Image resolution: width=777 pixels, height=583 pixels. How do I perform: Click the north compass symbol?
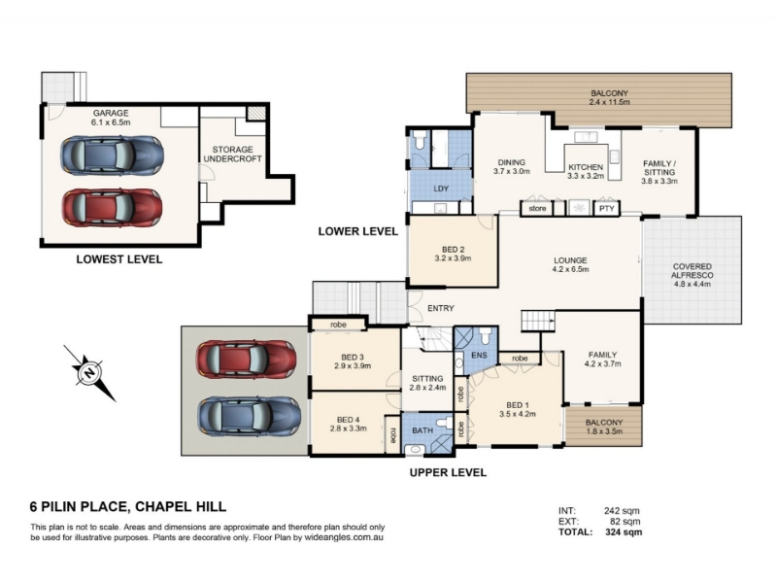pos(89,373)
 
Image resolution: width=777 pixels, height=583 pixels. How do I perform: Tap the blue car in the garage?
pos(112,155)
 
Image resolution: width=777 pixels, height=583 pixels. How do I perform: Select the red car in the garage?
pos(112,208)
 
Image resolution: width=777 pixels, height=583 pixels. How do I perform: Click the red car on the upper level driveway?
pos(247,359)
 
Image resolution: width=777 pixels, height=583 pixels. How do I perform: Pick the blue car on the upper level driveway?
pos(250,416)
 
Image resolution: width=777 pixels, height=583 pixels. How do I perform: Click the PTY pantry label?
pos(606,209)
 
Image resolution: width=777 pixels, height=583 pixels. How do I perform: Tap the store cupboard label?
pos(537,209)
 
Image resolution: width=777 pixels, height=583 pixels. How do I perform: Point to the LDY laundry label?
pos(441,189)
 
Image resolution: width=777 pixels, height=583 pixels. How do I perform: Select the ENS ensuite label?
pos(479,355)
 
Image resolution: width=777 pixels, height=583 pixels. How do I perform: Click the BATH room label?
pos(422,430)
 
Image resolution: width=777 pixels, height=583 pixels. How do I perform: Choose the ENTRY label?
pos(441,308)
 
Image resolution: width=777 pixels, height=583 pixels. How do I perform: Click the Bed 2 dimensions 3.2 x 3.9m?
pos(453,258)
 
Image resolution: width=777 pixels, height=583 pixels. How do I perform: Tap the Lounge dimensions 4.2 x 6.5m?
pos(570,270)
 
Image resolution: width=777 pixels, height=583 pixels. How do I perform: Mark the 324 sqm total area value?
pos(624,532)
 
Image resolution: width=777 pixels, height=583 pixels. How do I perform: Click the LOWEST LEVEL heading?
pos(118,259)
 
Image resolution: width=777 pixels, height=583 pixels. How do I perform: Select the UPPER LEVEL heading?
pos(448,472)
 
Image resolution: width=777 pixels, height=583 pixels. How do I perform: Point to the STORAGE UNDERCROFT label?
pos(232,154)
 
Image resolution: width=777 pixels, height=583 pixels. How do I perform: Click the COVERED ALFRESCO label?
pos(693,271)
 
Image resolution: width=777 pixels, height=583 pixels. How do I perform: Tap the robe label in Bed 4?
pos(393,435)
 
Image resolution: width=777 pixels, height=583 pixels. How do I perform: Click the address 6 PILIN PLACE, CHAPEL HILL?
pos(128,506)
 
